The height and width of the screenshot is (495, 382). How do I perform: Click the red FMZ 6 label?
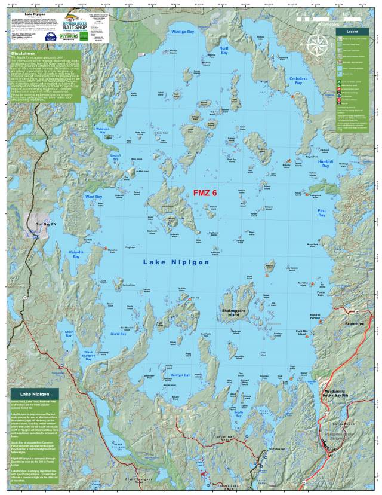[x=205, y=193]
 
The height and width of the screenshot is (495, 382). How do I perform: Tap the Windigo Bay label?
[x=183, y=31]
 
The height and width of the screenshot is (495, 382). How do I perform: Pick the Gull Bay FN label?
[x=45, y=224]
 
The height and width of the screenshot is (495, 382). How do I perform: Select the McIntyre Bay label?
[x=180, y=375]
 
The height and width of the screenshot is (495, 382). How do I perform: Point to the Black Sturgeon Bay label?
[x=88, y=356]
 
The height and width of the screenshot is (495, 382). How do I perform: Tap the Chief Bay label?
[x=69, y=332]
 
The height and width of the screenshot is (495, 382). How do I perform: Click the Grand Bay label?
[x=119, y=334]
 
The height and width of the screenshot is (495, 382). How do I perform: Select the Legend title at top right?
[x=352, y=31]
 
